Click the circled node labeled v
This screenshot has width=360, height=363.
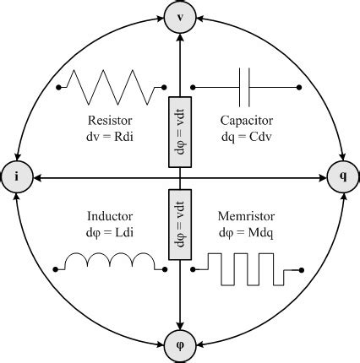[181, 15]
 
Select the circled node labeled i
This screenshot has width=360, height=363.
[16, 177]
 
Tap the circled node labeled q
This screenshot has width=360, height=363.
[342, 177]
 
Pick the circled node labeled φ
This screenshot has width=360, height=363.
[181, 344]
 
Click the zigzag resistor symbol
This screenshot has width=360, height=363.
[112, 86]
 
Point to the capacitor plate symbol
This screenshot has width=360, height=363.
[246, 85]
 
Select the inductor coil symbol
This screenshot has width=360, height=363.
[111, 263]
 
